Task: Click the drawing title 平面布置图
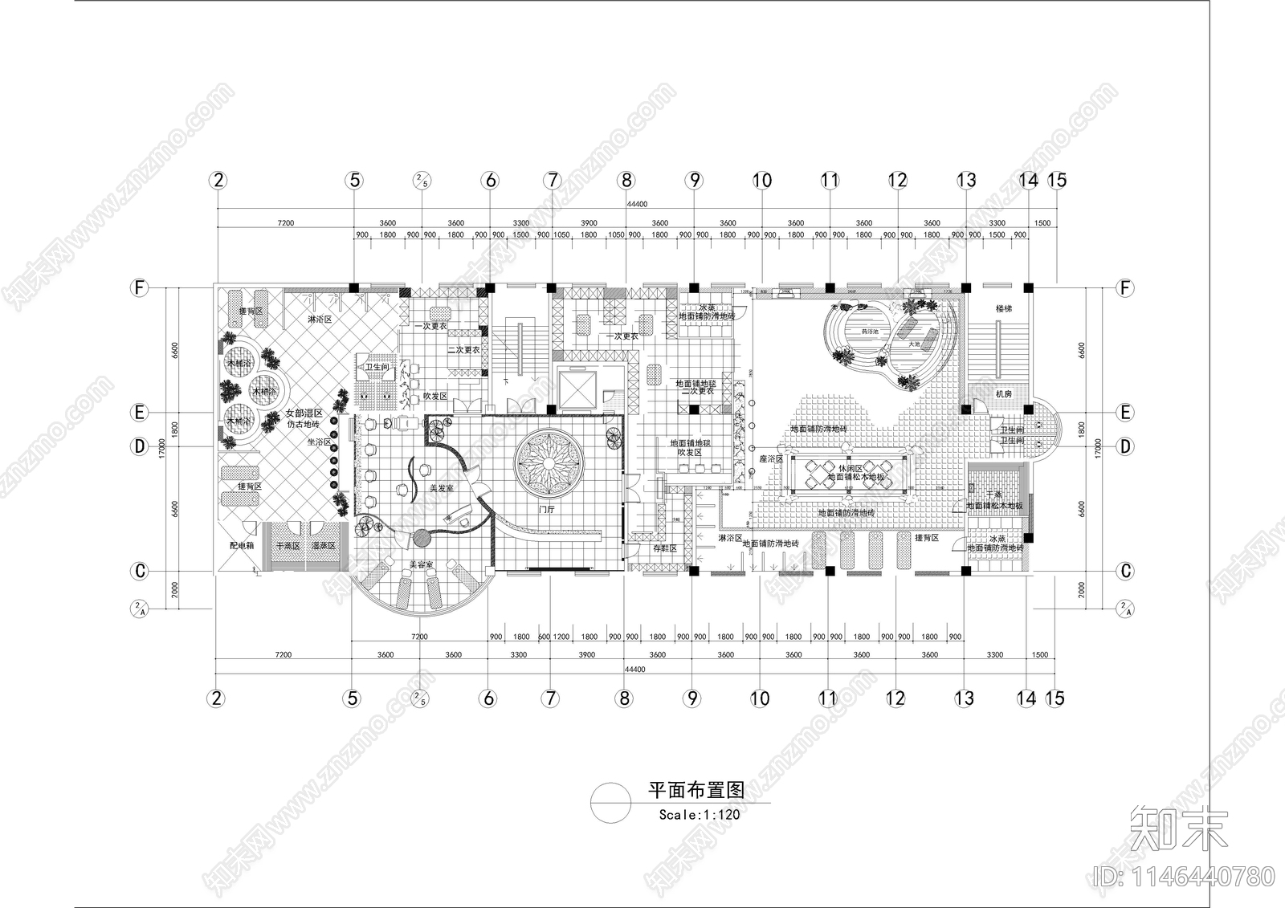pyautogui.click(x=696, y=790)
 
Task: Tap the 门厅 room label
pyautogui.click(x=545, y=509)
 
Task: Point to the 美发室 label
pyautogui.click(x=442, y=487)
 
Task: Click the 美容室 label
pyautogui.click(x=420, y=565)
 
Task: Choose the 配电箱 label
pyautogui.click(x=241, y=545)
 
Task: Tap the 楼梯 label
pyautogui.click(x=1003, y=308)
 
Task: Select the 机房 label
pyautogui.click(x=1003, y=394)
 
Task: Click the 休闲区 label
pyautogui.click(x=850, y=467)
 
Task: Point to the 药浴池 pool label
pyautogui.click(x=870, y=331)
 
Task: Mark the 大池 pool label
pyautogui.click(x=914, y=344)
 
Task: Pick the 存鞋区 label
pyautogui.click(x=664, y=548)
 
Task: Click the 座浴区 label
pyautogui.click(x=770, y=458)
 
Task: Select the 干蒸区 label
pyautogui.click(x=288, y=545)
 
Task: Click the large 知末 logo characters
pyautogui.click(x=1178, y=830)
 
